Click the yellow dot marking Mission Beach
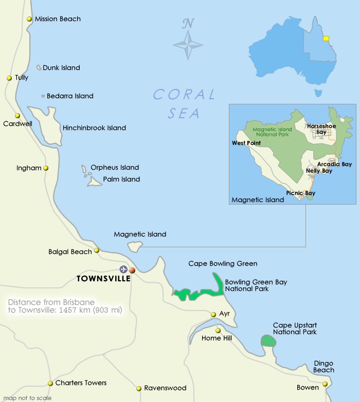29,19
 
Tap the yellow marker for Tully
9,78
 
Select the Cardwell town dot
17,116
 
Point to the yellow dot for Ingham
46,168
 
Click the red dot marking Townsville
132,270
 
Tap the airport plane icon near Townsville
123,269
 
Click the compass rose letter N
188,23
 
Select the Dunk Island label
61,68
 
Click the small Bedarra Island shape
43,96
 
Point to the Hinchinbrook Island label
94,128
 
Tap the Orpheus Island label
115,168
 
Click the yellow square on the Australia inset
326,38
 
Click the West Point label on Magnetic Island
246,143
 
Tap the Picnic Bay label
301,193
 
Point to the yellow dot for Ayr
213,314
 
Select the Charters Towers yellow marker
50,383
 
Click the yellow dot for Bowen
325,383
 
